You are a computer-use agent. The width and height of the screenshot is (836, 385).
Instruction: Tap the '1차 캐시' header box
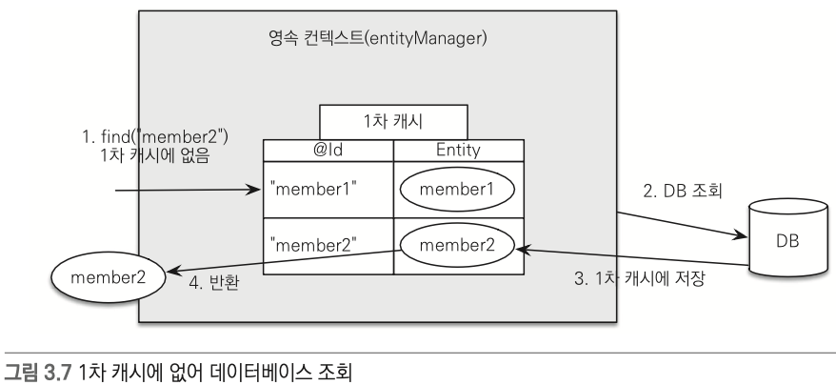(x=393, y=121)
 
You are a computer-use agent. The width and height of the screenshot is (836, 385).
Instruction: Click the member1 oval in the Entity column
(x=458, y=189)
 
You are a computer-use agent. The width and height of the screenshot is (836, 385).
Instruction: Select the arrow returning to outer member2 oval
(x=286, y=261)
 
